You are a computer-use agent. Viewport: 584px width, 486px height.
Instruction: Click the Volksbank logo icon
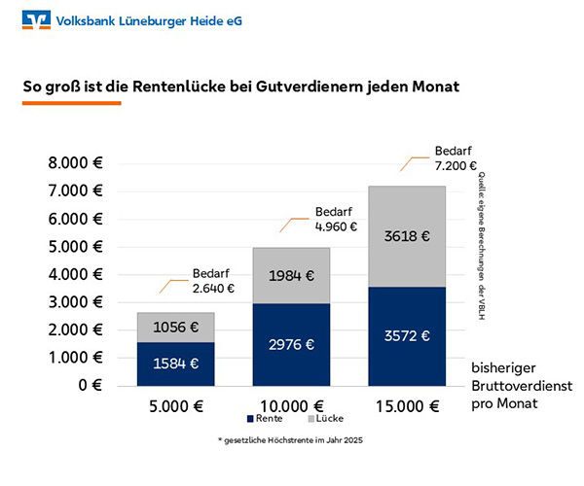[38, 19]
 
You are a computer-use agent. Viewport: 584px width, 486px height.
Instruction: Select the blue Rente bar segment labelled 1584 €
[175, 364]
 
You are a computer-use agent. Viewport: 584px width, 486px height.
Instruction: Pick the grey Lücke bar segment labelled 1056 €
[175, 327]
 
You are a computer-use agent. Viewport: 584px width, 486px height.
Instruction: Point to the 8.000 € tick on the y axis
[77, 163]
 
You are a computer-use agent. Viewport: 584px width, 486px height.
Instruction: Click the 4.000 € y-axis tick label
[77, 274]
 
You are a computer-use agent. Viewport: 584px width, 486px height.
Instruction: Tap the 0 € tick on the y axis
[90, 386]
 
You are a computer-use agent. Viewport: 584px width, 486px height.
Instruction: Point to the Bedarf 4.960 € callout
[335, 220]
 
